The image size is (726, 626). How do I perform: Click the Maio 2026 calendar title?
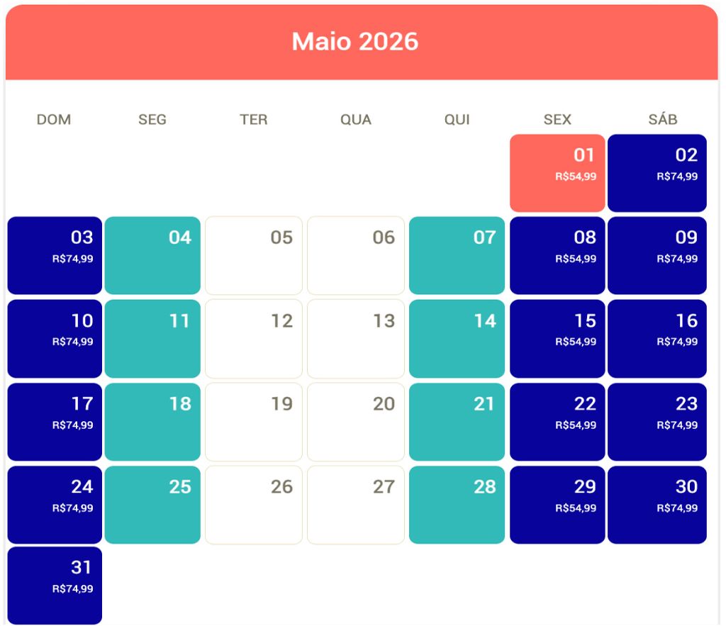click(355, 42)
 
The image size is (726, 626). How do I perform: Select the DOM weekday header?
click(54, 120)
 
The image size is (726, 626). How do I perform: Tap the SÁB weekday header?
click(662, 120)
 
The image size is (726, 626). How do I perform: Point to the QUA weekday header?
click(355, 120)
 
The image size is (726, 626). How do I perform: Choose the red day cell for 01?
click(557, 173)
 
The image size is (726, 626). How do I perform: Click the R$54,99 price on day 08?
click(575, 259)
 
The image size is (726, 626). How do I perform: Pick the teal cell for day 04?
click(152, 255)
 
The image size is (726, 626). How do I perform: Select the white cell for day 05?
click(254, 255)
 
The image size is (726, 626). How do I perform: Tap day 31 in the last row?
click(55, 585)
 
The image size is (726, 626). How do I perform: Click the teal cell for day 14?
click(457, 338)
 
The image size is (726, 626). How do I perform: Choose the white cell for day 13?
click(355, 338)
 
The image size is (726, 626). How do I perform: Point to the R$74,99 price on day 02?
click(676, 177)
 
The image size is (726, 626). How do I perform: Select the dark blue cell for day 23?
click(657, 422)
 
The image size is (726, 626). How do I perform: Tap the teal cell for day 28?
click(457, 504)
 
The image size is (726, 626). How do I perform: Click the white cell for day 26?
click(254, 504)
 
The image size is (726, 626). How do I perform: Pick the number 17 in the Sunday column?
click(82, 404)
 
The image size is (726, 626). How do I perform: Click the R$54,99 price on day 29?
click(575, 508)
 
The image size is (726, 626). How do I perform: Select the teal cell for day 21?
click(457, 422)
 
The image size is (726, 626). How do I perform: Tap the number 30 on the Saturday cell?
click(686, 487)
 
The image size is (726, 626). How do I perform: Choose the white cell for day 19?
click(254, 422)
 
